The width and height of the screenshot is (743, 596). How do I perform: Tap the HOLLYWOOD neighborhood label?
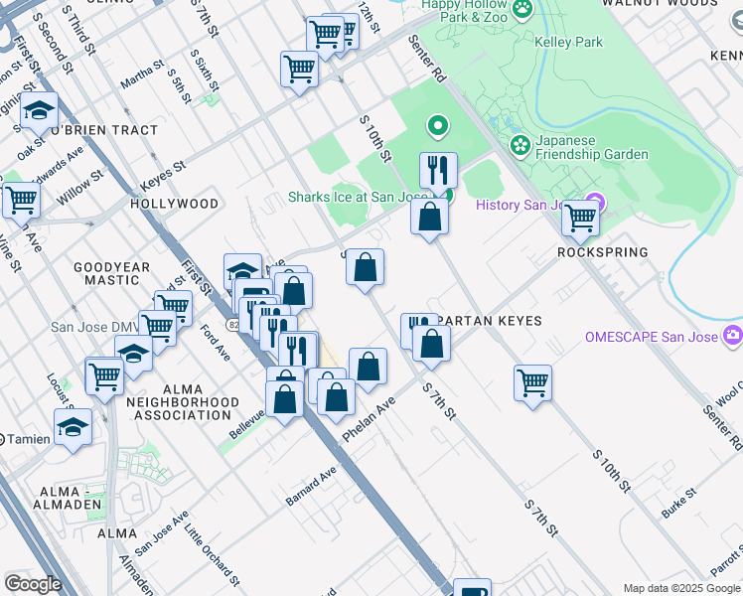point(174,204)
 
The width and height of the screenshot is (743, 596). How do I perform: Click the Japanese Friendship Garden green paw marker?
point(520,146)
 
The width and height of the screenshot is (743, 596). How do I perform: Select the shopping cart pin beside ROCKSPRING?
point(580,219)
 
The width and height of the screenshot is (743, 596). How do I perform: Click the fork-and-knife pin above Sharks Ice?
point(437,170)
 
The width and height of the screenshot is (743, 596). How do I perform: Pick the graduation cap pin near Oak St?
point(39,111)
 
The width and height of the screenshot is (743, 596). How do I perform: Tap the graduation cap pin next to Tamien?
point(73,427)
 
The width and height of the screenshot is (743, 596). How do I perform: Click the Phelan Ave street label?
point(368,420)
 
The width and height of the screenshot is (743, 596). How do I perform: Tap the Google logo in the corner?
point(32,584)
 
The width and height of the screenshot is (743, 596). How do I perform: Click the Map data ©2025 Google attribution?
point(681,588)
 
